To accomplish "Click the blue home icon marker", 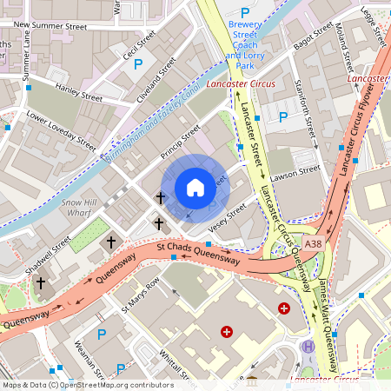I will click(195, 188).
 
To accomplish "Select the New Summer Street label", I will click(51, 27).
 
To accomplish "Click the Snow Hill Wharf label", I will click(79, 208).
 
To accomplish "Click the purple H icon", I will click(308, 347).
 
